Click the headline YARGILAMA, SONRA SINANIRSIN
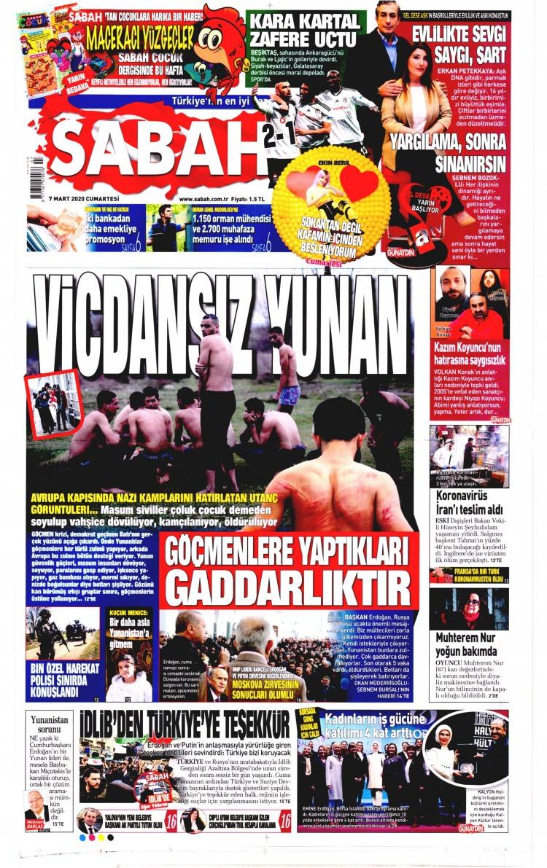tap(451, 152)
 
